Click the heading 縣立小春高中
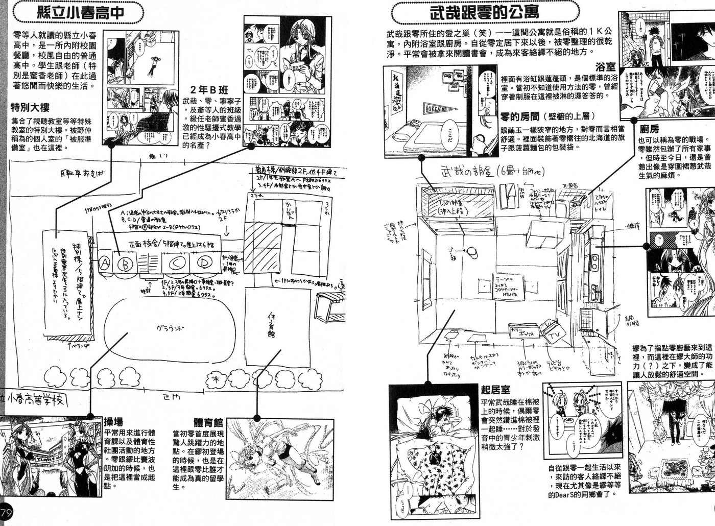[x=81, y=12]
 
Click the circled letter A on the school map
[x=105, y=263]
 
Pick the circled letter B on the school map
[x=124, y=264]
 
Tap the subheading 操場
[x=113, y=421]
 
